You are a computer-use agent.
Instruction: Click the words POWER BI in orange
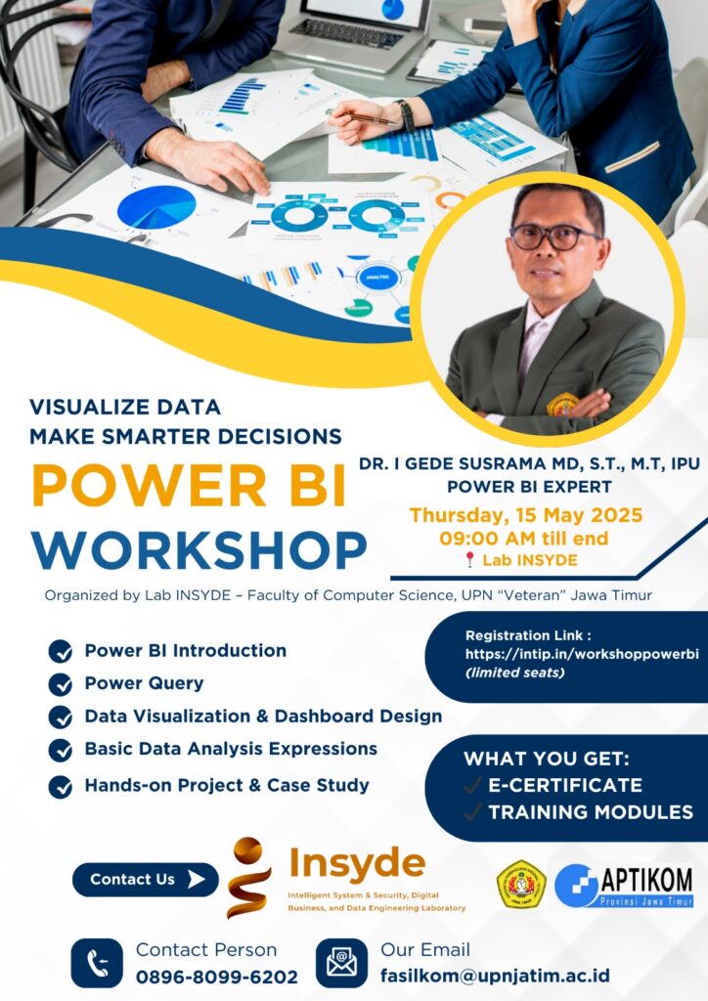(189, 485)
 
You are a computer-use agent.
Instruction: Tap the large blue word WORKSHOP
(199, 549)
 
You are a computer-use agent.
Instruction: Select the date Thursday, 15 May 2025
(526, 515)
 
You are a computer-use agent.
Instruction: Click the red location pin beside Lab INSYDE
(469, 560)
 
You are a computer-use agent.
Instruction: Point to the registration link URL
(582, 654)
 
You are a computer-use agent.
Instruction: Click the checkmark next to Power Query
(60, 684)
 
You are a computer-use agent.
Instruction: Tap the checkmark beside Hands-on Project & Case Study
(60, 787)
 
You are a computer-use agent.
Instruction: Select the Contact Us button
(145, 879)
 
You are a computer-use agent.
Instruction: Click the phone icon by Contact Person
(97, 963)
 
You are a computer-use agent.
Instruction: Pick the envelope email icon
(341, 963)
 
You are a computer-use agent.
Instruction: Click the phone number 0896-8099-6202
(216, 977)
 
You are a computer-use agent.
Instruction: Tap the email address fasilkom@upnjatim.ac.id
(495, 976)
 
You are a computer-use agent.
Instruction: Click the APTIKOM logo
(624, 886)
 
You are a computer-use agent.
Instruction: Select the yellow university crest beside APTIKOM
(521, 884)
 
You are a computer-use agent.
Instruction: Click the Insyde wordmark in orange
(357, 864)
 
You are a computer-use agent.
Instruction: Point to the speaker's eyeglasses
(554, 237)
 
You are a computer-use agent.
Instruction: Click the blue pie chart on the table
(156, 207)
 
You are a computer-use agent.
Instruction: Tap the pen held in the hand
(362, 117)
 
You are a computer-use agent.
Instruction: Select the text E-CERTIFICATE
(565, 785)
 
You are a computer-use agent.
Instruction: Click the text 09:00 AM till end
(523, 539)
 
